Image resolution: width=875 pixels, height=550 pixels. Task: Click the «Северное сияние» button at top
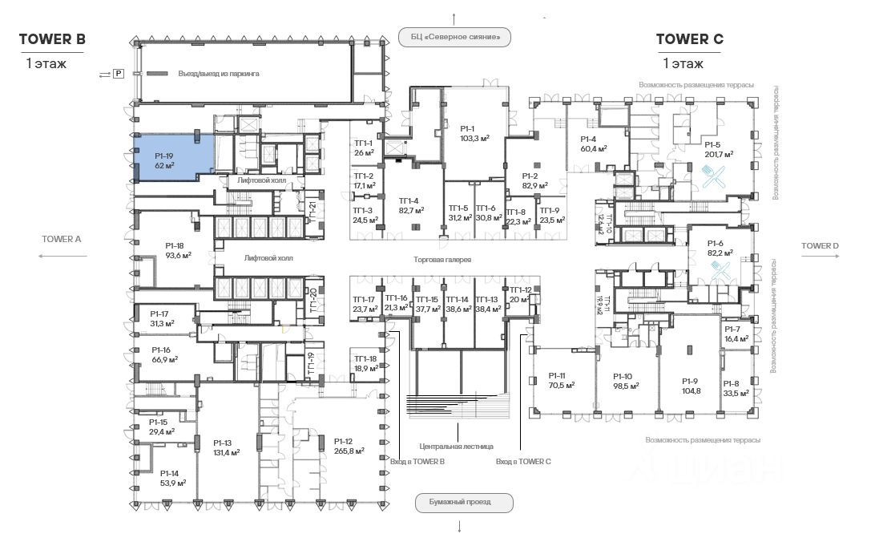[x=454, y=36]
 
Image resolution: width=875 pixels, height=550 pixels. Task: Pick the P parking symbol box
[x=118, y=74]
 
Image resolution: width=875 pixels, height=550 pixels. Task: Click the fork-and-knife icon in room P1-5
[x=712, y=176]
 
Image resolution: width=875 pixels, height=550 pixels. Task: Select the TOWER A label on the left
[x=62, y=239]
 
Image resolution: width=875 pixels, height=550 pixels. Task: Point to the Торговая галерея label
[x=442, y=261]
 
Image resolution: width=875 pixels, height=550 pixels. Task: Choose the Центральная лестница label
[x=456, y=446]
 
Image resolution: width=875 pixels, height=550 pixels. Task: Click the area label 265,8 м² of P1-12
[x=349, y=451]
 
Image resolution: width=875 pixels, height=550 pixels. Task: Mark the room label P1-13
[x=222, y=442]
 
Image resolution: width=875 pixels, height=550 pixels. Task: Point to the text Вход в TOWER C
[x=523, y=462]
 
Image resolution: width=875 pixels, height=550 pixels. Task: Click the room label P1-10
[x=623, y=375]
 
